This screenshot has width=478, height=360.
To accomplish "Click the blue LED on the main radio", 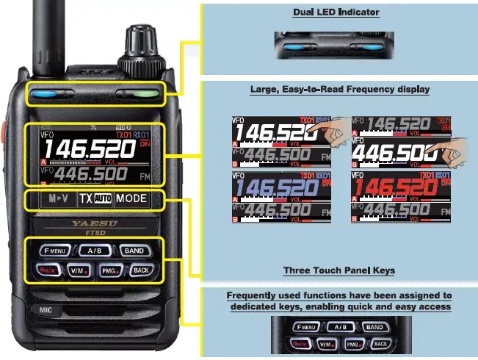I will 50,95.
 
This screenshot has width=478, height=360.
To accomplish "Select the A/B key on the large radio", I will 94,250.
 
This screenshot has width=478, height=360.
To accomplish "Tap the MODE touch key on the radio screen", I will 131,198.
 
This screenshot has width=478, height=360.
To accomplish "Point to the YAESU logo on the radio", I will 93,220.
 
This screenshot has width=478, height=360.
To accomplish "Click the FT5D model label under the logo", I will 93,228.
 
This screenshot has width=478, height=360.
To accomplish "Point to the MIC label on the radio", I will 46,311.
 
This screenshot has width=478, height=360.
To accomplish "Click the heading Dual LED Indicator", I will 336,12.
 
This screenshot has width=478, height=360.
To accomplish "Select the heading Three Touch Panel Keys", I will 339,270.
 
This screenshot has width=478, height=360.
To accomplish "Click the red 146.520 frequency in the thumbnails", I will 391,190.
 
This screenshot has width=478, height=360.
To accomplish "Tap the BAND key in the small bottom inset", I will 374,327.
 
